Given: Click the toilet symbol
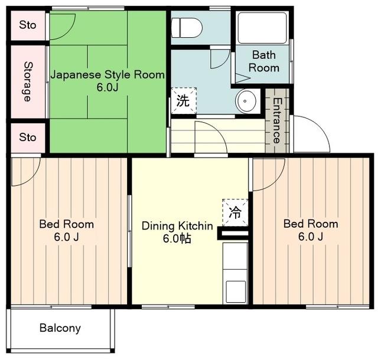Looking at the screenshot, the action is tap(187, 28).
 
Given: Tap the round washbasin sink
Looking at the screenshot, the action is tap(246, 101).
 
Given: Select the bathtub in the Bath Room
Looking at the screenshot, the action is tap(262, 28).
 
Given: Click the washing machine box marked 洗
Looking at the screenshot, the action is tap(184, 101).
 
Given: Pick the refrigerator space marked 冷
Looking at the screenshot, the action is tap(235, 212).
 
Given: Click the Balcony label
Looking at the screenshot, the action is tap(60, 328).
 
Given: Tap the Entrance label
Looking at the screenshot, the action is tap(277, 120).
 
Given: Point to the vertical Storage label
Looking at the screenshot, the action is tap(28, 81).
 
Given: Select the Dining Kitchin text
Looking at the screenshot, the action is tap(177, 226).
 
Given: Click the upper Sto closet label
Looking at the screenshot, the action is tap(28, 25).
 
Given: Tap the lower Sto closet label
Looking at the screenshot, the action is tap(28, 138).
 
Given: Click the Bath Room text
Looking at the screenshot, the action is tap(264, 61).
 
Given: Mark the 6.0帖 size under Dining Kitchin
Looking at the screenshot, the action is tap(177, 238).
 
